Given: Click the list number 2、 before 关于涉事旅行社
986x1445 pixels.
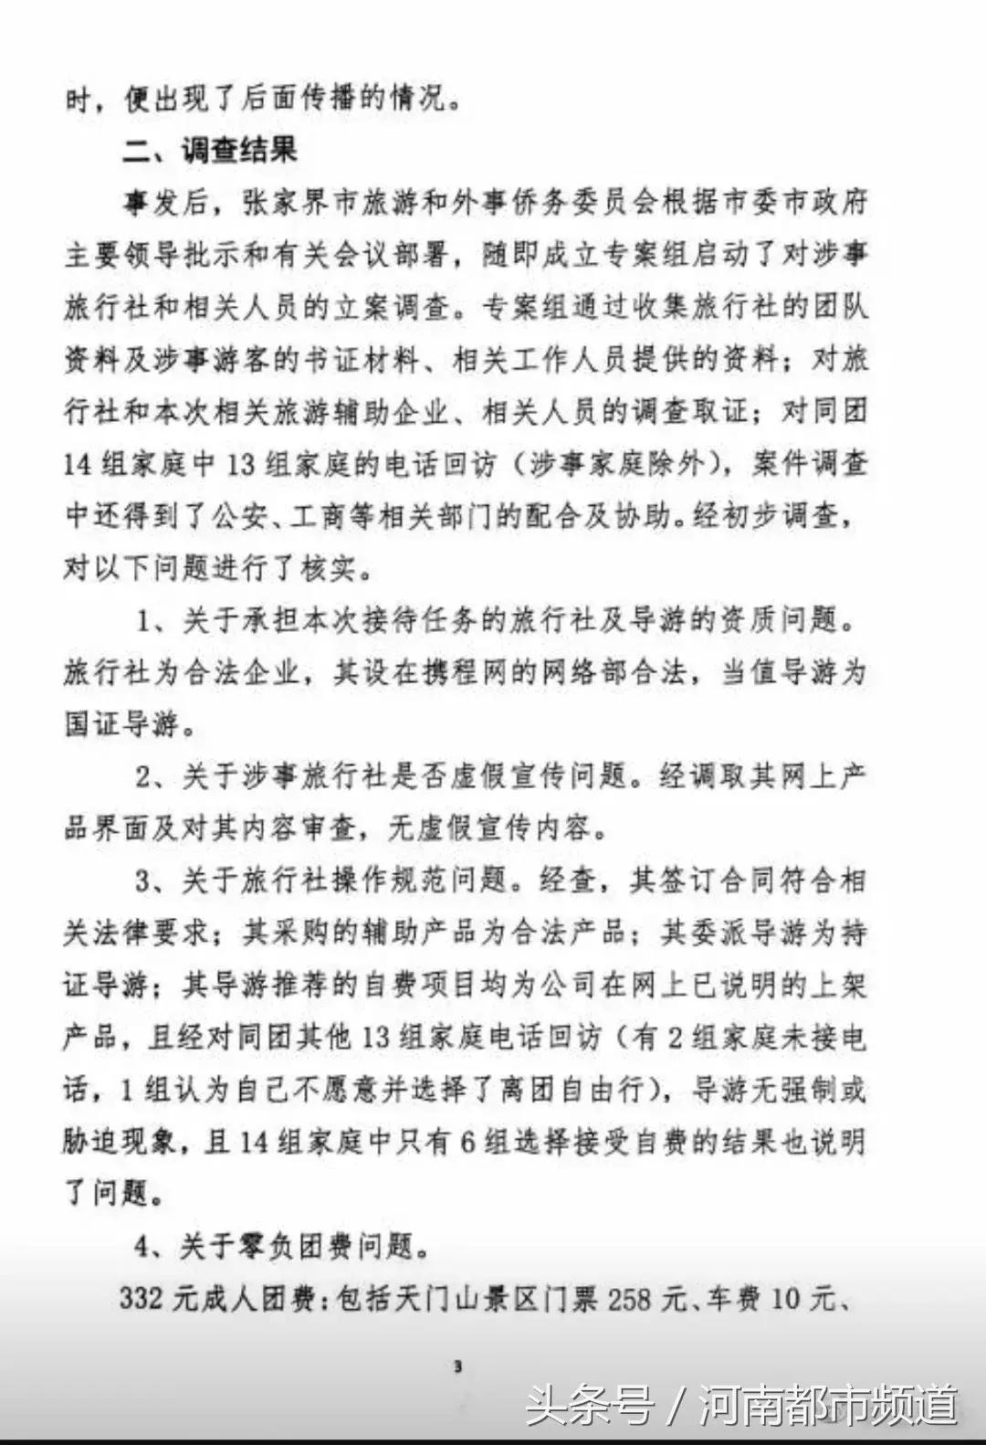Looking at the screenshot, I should [x=152, y=777].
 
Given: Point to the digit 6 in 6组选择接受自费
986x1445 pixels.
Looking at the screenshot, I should [x=467, y=1142].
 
